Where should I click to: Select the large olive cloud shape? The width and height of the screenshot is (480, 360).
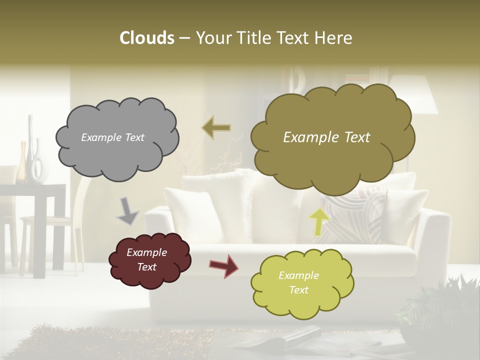[332, 160]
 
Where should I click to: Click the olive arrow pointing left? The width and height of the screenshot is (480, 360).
[216, 128]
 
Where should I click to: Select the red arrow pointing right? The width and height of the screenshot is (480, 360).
[223, 265]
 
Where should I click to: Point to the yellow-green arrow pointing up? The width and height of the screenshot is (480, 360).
[319, 221]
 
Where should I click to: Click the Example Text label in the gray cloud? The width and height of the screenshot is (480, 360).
[112, 137]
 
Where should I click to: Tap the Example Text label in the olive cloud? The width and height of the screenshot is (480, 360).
[326, 137]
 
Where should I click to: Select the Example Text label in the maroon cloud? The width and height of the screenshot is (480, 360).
[146, 259]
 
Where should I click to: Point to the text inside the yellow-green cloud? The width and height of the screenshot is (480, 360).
[298, 282]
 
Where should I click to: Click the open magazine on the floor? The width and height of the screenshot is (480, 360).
[280, 340]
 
